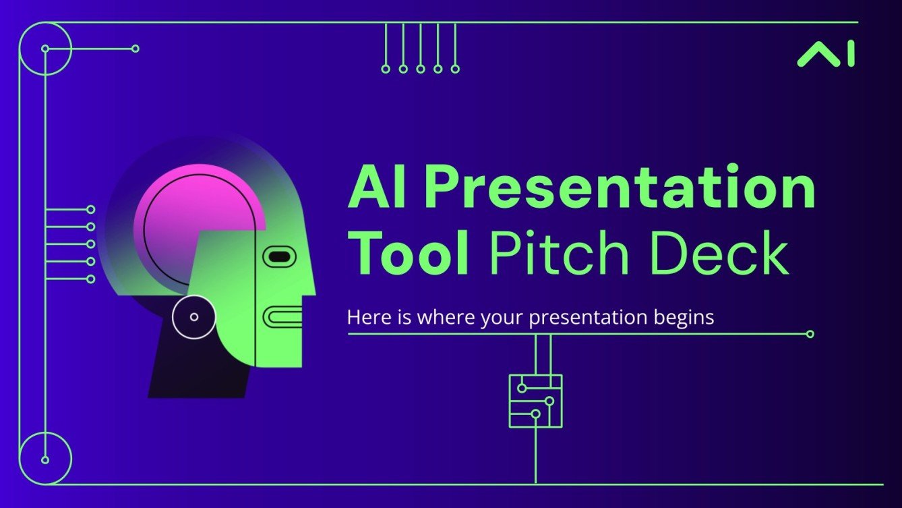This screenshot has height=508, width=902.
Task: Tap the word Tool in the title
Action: (411, 253)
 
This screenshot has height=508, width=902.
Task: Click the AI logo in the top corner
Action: (826, 54)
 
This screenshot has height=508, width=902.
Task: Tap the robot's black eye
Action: (278, 256)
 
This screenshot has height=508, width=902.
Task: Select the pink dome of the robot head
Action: (189, 216)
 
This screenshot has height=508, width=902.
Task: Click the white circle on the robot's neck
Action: (194, 316)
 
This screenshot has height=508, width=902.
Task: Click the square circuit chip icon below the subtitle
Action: (535, 401)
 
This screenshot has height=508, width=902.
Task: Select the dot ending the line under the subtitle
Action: (810, 334)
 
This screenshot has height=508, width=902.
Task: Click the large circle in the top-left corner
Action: (45, 49)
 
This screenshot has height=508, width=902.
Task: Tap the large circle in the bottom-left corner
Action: (45, 459)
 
